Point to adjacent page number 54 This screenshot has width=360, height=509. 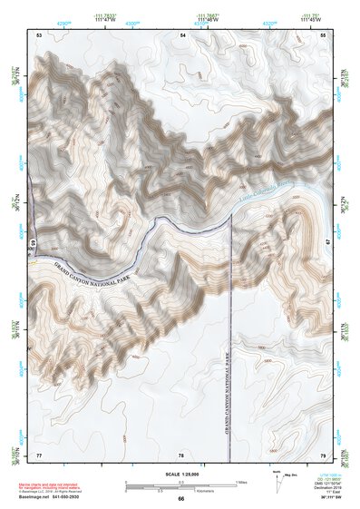[x=181, y=34]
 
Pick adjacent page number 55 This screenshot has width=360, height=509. [x=323, y=34]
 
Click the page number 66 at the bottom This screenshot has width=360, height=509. [x=181, y=499]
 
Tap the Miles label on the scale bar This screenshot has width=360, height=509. [x=241, y=481]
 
